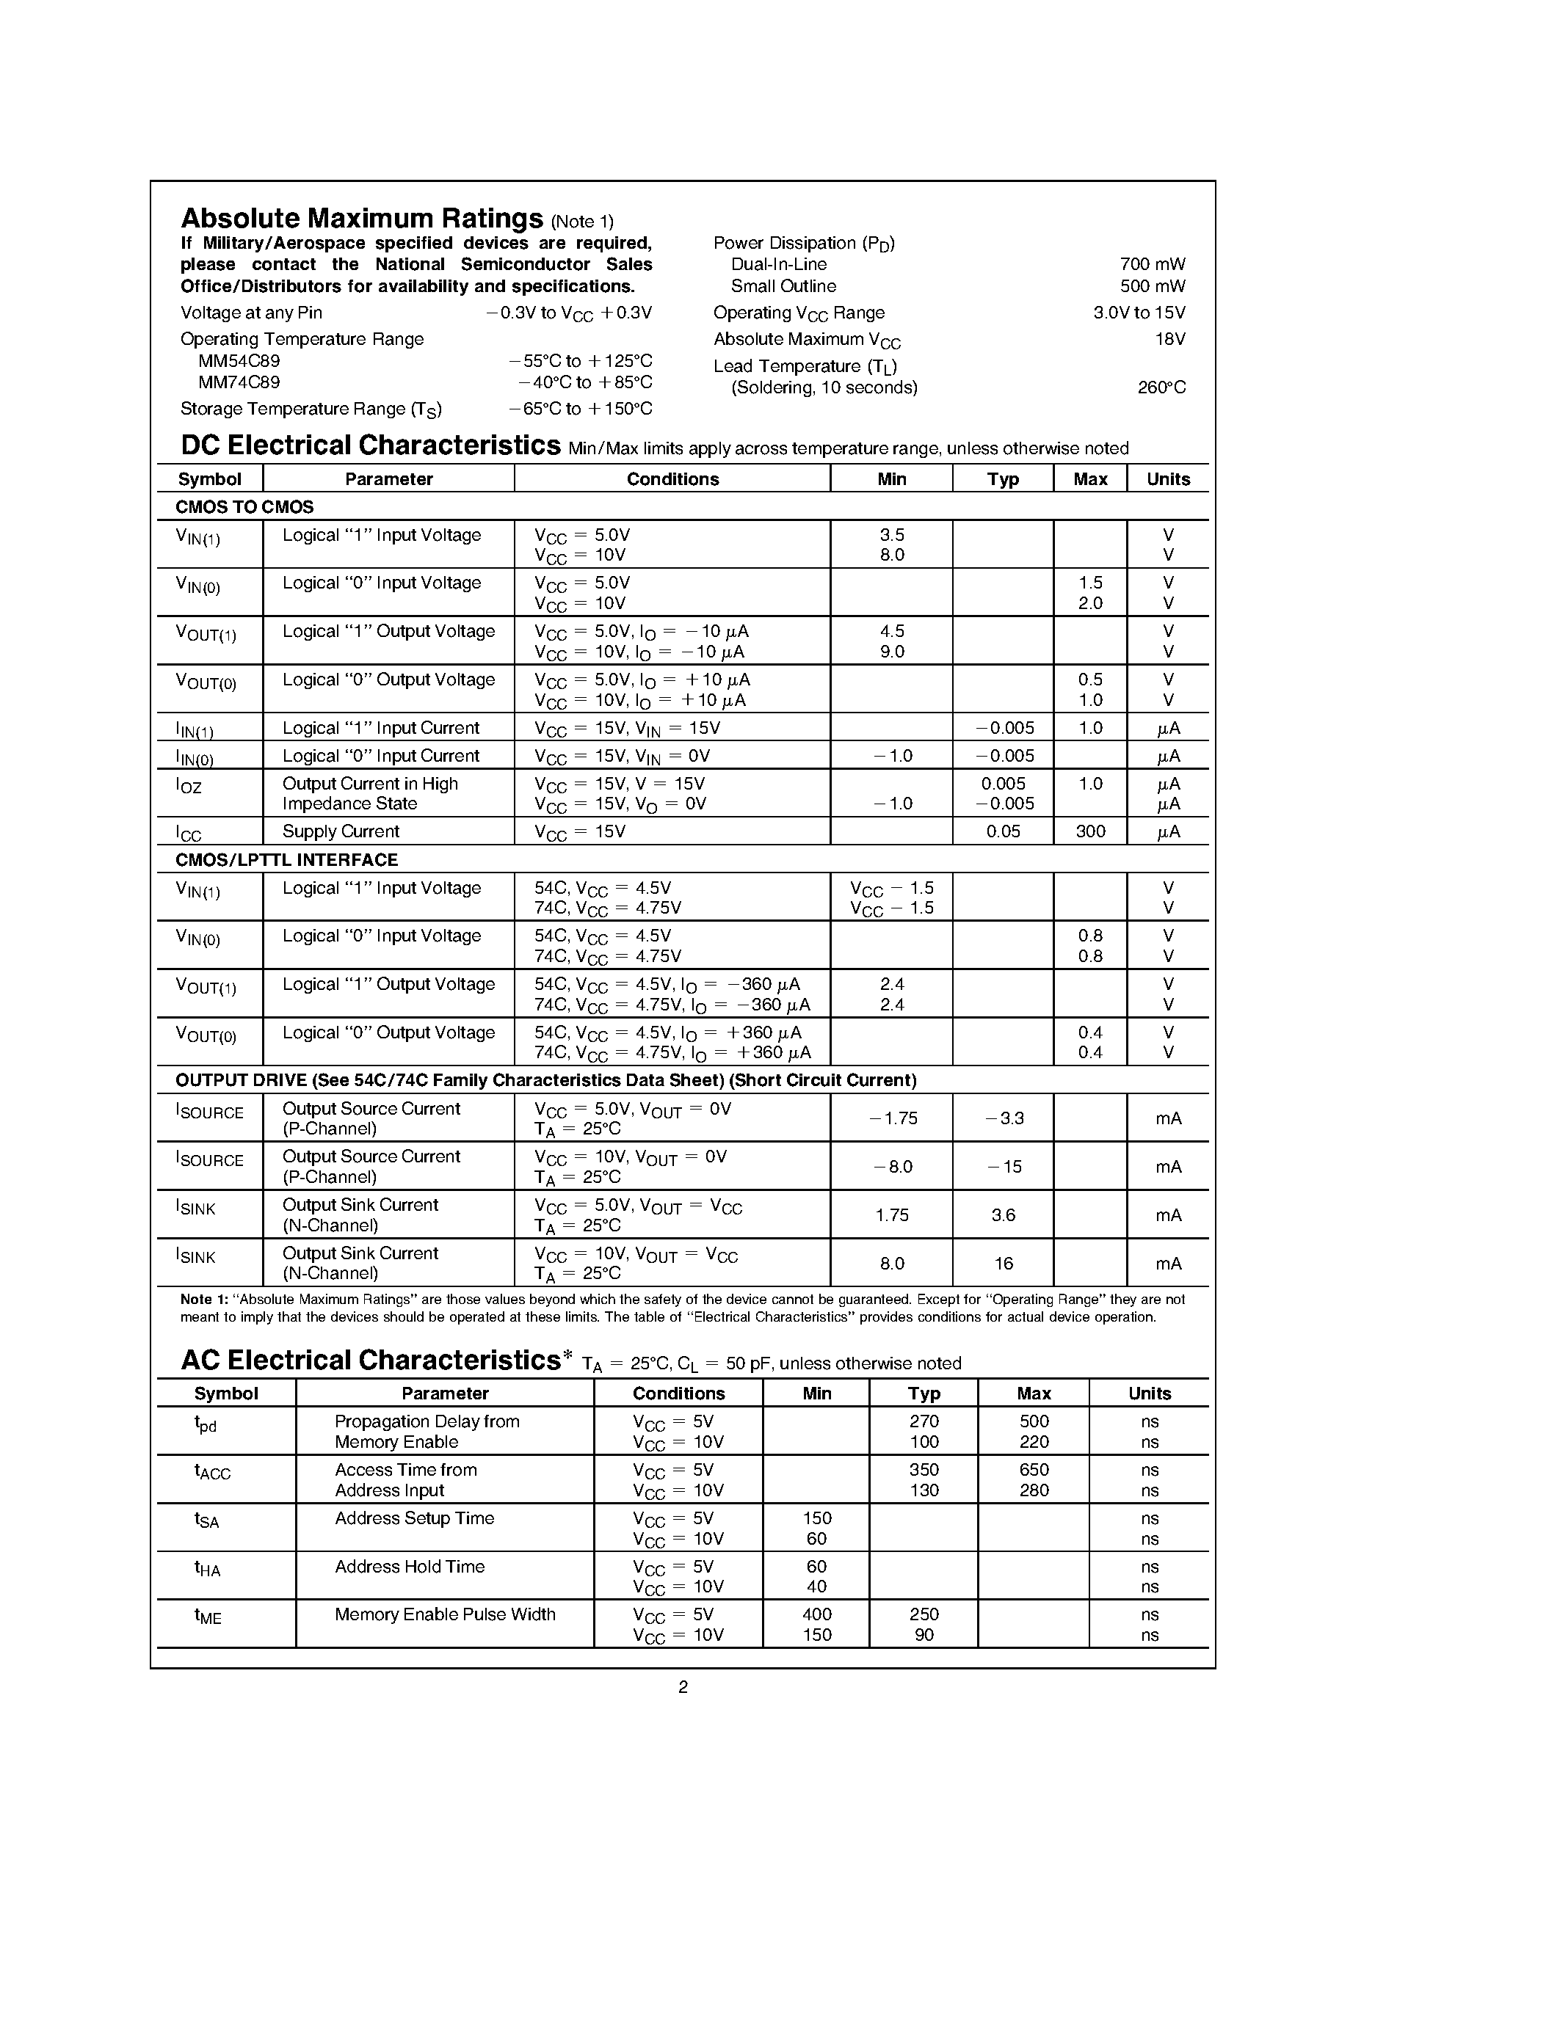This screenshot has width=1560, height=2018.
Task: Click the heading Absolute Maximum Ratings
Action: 361,219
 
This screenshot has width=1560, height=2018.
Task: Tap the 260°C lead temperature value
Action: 1161,388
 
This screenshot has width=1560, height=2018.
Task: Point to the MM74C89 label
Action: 239,382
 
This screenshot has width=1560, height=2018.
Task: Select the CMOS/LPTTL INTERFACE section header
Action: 286,859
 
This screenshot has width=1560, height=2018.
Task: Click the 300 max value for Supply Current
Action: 1089,831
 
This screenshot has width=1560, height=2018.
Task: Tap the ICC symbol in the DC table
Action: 189,834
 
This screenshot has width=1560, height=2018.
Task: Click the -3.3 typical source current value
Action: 1004,1118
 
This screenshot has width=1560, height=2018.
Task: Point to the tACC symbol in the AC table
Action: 213,1471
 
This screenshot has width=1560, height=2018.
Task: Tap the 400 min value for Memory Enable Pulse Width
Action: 816,1614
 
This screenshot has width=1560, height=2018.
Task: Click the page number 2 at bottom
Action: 683,1687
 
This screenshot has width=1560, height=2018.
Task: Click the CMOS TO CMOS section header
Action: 245,506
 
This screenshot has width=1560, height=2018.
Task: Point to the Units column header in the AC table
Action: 1149,1394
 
